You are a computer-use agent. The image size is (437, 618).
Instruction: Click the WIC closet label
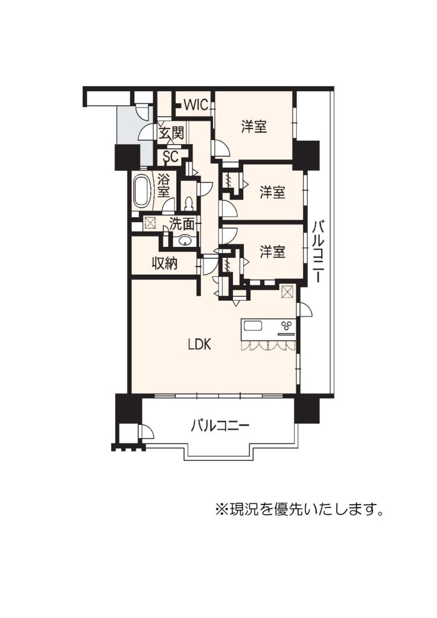196,105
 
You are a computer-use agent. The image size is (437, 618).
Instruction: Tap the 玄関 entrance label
171,133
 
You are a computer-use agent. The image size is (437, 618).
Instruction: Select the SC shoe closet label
171,156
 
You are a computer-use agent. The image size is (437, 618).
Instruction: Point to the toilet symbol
189,203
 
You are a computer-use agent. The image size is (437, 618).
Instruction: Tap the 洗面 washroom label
182,224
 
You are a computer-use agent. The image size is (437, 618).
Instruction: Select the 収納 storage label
165,263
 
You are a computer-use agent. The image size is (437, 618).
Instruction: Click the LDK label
199,345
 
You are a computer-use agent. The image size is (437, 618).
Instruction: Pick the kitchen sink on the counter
252,326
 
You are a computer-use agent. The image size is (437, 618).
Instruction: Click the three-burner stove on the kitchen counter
287,325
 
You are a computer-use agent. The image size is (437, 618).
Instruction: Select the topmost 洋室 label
254,127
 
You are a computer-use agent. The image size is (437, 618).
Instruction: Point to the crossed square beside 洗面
150,223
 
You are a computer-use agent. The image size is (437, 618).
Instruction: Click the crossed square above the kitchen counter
288,291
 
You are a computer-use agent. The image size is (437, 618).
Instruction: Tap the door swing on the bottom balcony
147,432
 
